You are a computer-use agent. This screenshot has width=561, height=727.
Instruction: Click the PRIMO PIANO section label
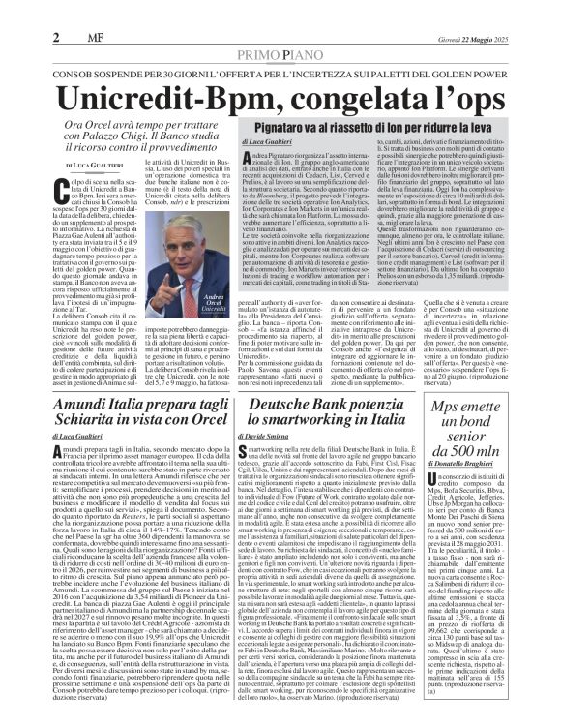(280, 30)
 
